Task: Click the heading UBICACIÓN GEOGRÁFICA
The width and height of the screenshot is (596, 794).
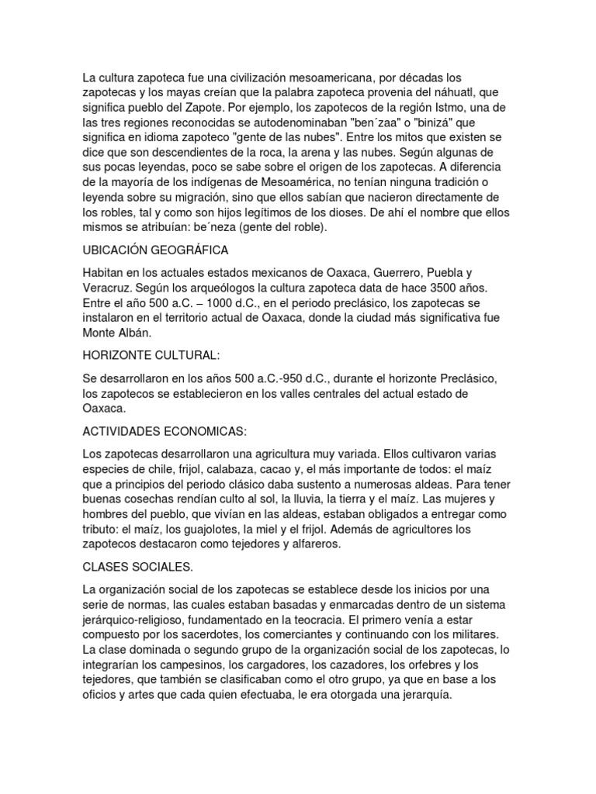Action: [154, 250]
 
